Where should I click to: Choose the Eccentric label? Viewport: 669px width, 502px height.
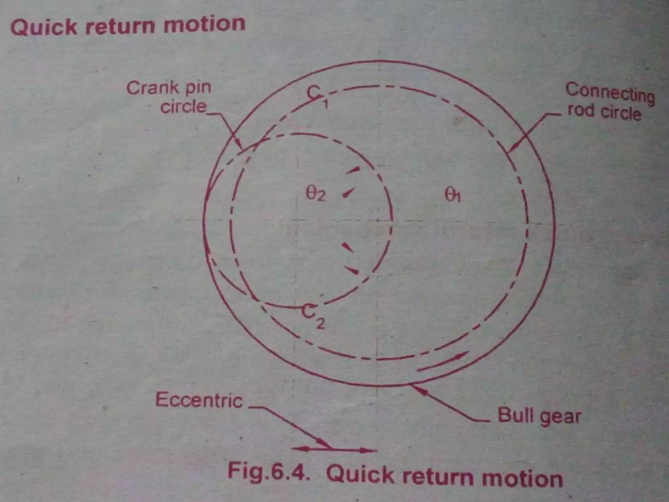click(x=199, y=400)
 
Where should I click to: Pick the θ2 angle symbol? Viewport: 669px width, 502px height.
click(x=315, y=195)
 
